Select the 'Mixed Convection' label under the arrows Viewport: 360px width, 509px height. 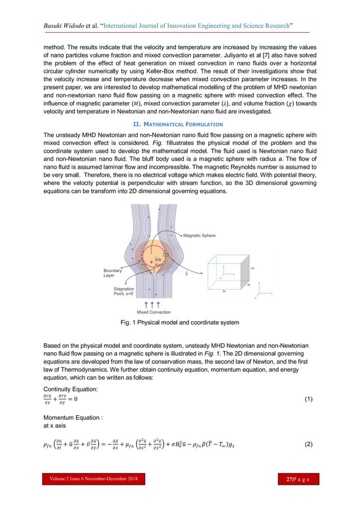point(153,312)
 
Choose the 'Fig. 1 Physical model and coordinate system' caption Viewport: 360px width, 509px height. point(179,323)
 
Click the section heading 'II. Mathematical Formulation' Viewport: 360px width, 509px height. point(179,124)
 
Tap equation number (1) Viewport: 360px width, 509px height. point(308,400)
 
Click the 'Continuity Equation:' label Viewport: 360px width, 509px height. point(70,389)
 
